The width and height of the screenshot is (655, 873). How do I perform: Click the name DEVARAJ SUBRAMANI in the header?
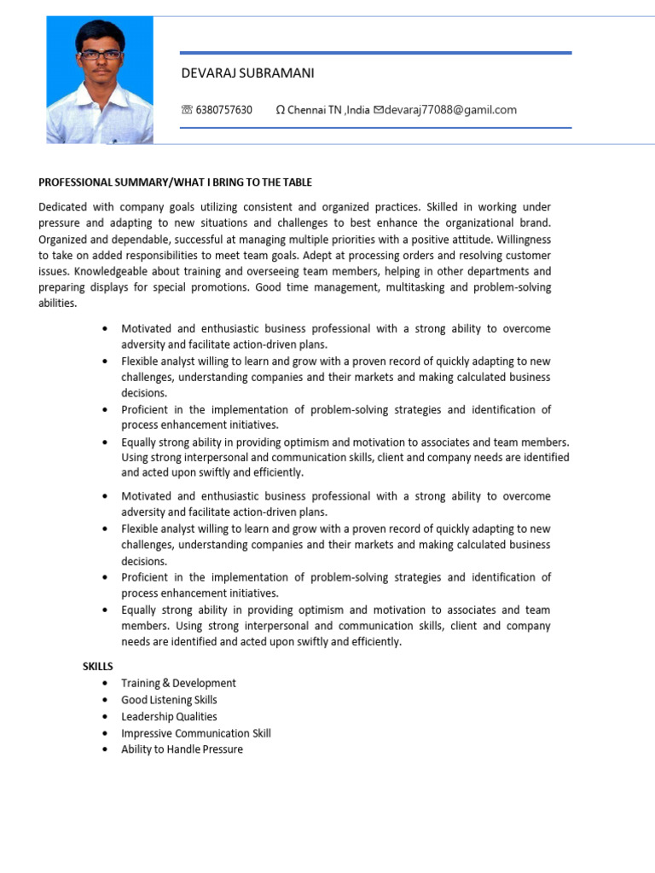247,73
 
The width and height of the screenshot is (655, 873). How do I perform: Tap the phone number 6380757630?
223,110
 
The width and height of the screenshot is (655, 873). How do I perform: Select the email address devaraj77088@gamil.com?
450,110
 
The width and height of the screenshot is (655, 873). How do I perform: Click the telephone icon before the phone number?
187,110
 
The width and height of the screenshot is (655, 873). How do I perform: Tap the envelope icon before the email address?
379,110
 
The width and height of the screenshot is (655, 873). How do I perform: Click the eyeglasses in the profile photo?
101,55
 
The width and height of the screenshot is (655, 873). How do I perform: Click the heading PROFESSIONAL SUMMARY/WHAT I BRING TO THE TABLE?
176,182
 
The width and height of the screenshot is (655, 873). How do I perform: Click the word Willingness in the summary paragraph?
524,240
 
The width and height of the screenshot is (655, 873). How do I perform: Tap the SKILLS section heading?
97,666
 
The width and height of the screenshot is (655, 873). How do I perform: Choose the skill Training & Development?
178,683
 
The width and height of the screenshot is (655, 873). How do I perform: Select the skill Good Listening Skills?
169,700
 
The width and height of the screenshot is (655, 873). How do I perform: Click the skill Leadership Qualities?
169,716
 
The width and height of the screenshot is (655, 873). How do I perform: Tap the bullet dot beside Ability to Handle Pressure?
104,750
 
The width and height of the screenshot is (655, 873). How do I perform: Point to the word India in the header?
358,110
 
